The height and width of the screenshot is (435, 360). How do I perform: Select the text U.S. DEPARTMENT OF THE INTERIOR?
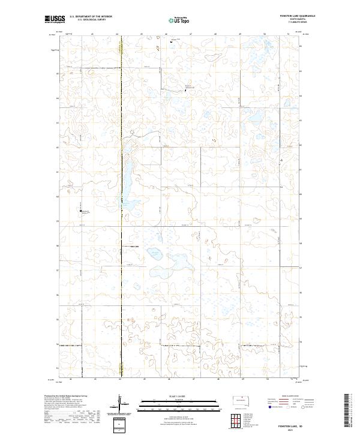[x=91, y=17]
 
